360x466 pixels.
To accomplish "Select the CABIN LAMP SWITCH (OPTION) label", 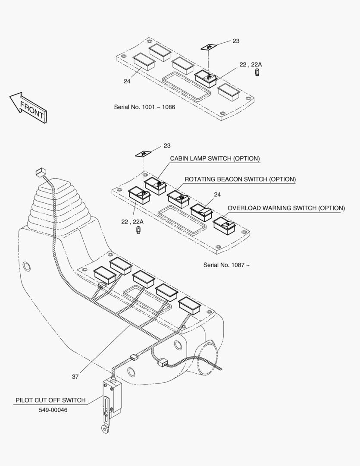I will coord(215,158).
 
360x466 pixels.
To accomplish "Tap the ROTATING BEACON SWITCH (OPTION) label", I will coord(240,179).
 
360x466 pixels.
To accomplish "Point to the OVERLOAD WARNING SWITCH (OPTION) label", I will coord(286,208).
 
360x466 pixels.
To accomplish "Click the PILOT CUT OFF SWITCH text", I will coord(50,400).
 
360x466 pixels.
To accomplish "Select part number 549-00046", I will coord(53,410).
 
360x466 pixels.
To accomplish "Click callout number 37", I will coord(75,377).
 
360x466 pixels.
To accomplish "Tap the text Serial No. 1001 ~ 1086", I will coord(144,107).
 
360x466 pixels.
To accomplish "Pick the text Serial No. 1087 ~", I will coord(226,265).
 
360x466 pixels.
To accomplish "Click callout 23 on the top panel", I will coord(236,41).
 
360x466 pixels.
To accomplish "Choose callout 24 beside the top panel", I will coord(127,81).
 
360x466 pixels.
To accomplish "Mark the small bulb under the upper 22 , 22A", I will coord(257,72).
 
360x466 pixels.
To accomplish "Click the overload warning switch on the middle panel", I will coord(224,226).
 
